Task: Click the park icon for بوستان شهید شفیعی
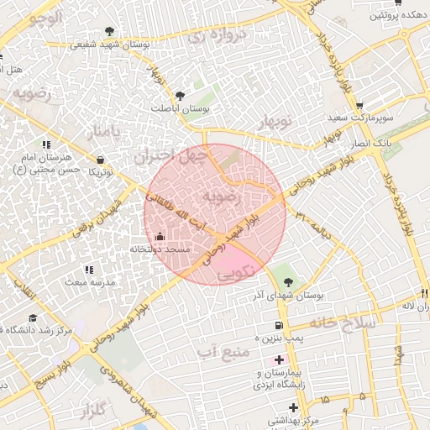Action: click(x=110, y=31)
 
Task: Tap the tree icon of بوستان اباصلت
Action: click(x=181, y=96)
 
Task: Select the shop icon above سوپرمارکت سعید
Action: click(x=359, y=106)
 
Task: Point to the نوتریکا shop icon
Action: click(x=102, y=159)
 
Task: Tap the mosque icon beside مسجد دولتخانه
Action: click(x=160, y=236)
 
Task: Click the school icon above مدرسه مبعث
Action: click(x=88, y=270)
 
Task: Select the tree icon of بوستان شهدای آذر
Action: click(x=290, y=282)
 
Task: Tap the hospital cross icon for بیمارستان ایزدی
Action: click(x=279, y=359)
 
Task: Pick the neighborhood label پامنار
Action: click(x=102, y=133)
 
